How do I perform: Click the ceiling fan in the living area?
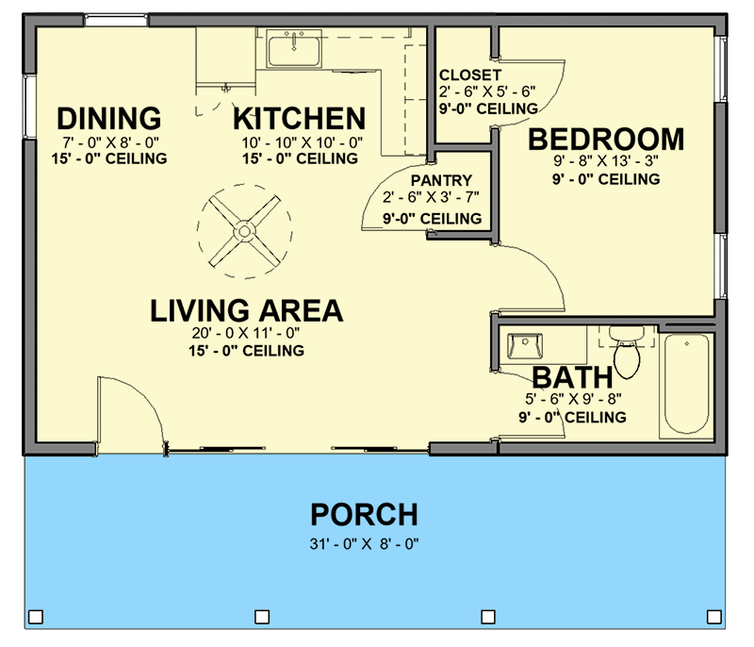243,229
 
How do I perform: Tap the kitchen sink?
294,46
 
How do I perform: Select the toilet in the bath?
626,351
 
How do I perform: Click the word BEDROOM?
606,140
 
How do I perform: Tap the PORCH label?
364,515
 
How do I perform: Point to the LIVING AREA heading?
246,310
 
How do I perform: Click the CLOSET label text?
470,75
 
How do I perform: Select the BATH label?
567,377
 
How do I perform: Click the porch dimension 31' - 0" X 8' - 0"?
364,543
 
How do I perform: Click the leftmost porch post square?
36,617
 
